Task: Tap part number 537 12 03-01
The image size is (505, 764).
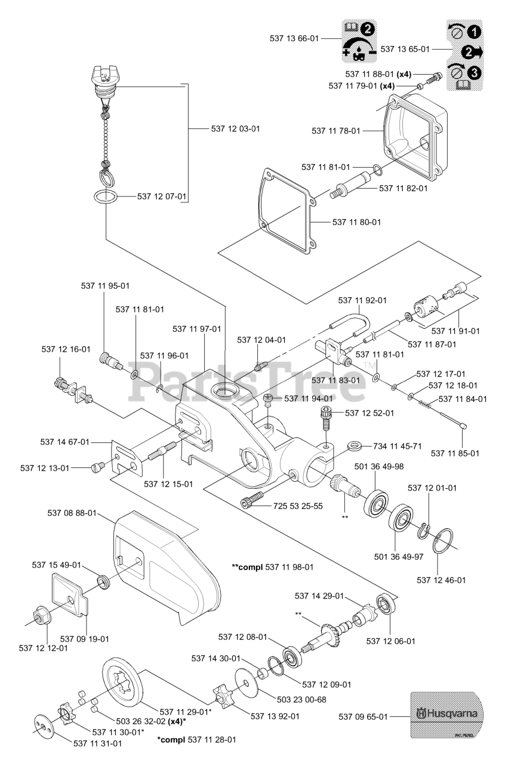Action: (236, 128)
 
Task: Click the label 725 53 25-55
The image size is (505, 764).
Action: (298, 506)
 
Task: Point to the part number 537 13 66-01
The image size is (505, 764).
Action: (295, 38)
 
